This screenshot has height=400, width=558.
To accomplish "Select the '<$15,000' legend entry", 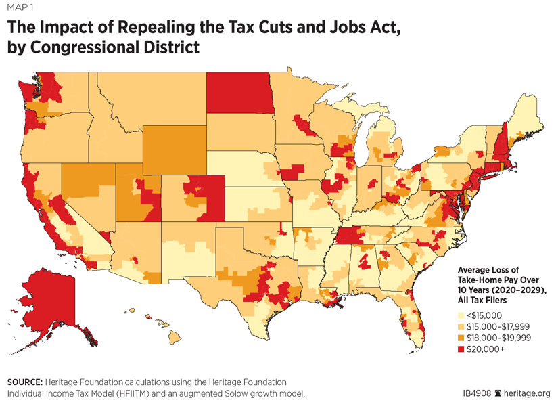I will pyautogui.click(x=484, y=314).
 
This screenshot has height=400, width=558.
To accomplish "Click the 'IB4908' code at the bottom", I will pyautogui.click(x=475, y=393).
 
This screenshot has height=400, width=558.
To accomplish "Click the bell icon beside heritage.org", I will pyautogui.click(x=498, y=393).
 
